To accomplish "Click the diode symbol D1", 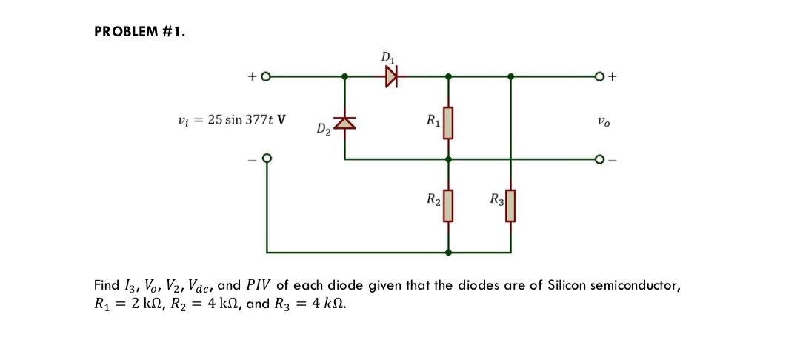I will (x=391, y=76).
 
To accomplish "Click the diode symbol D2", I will (x=344, y=123).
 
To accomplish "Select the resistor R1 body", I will (x=447, y=123).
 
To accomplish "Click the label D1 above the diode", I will (x=388, y=57).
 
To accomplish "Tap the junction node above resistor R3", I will (x=510, y=76).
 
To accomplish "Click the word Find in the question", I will (x=106, y=285).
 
